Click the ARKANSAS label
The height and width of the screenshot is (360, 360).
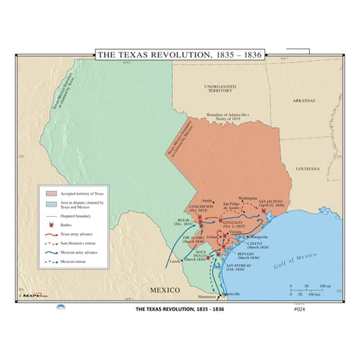tap(303, 100)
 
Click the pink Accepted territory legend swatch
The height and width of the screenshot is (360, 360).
tap(52, 193)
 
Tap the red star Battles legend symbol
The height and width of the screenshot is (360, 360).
tap(52, 224)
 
